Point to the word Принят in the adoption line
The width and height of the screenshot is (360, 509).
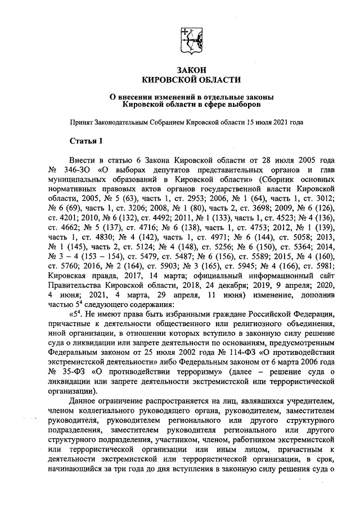pos(81,121)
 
